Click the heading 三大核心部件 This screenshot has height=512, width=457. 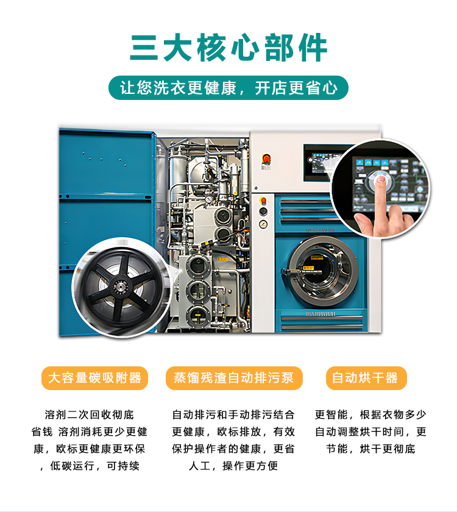[228, 47]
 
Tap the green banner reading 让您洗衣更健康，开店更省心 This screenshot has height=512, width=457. [228, 88]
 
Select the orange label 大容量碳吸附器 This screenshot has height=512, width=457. [94, 378]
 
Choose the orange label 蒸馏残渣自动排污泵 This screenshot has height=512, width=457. [234, 378]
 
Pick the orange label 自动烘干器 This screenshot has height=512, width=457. [365, 378]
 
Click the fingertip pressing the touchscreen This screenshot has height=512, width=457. [380, 180]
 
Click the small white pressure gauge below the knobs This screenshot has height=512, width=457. [263, 224]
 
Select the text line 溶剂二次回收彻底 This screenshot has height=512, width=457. [89, 415]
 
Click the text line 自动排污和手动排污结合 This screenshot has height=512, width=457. [234, 415]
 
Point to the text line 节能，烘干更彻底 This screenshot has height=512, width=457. [365, 449]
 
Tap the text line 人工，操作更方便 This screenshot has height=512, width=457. [234, 466]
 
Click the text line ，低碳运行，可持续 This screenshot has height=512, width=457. [89, 466]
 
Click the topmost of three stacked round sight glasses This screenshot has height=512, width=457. [196, 265]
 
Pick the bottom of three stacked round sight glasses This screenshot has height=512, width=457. [196, 315]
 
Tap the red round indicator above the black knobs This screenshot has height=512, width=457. [263, 200]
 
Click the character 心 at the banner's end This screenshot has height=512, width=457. [330, 88]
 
